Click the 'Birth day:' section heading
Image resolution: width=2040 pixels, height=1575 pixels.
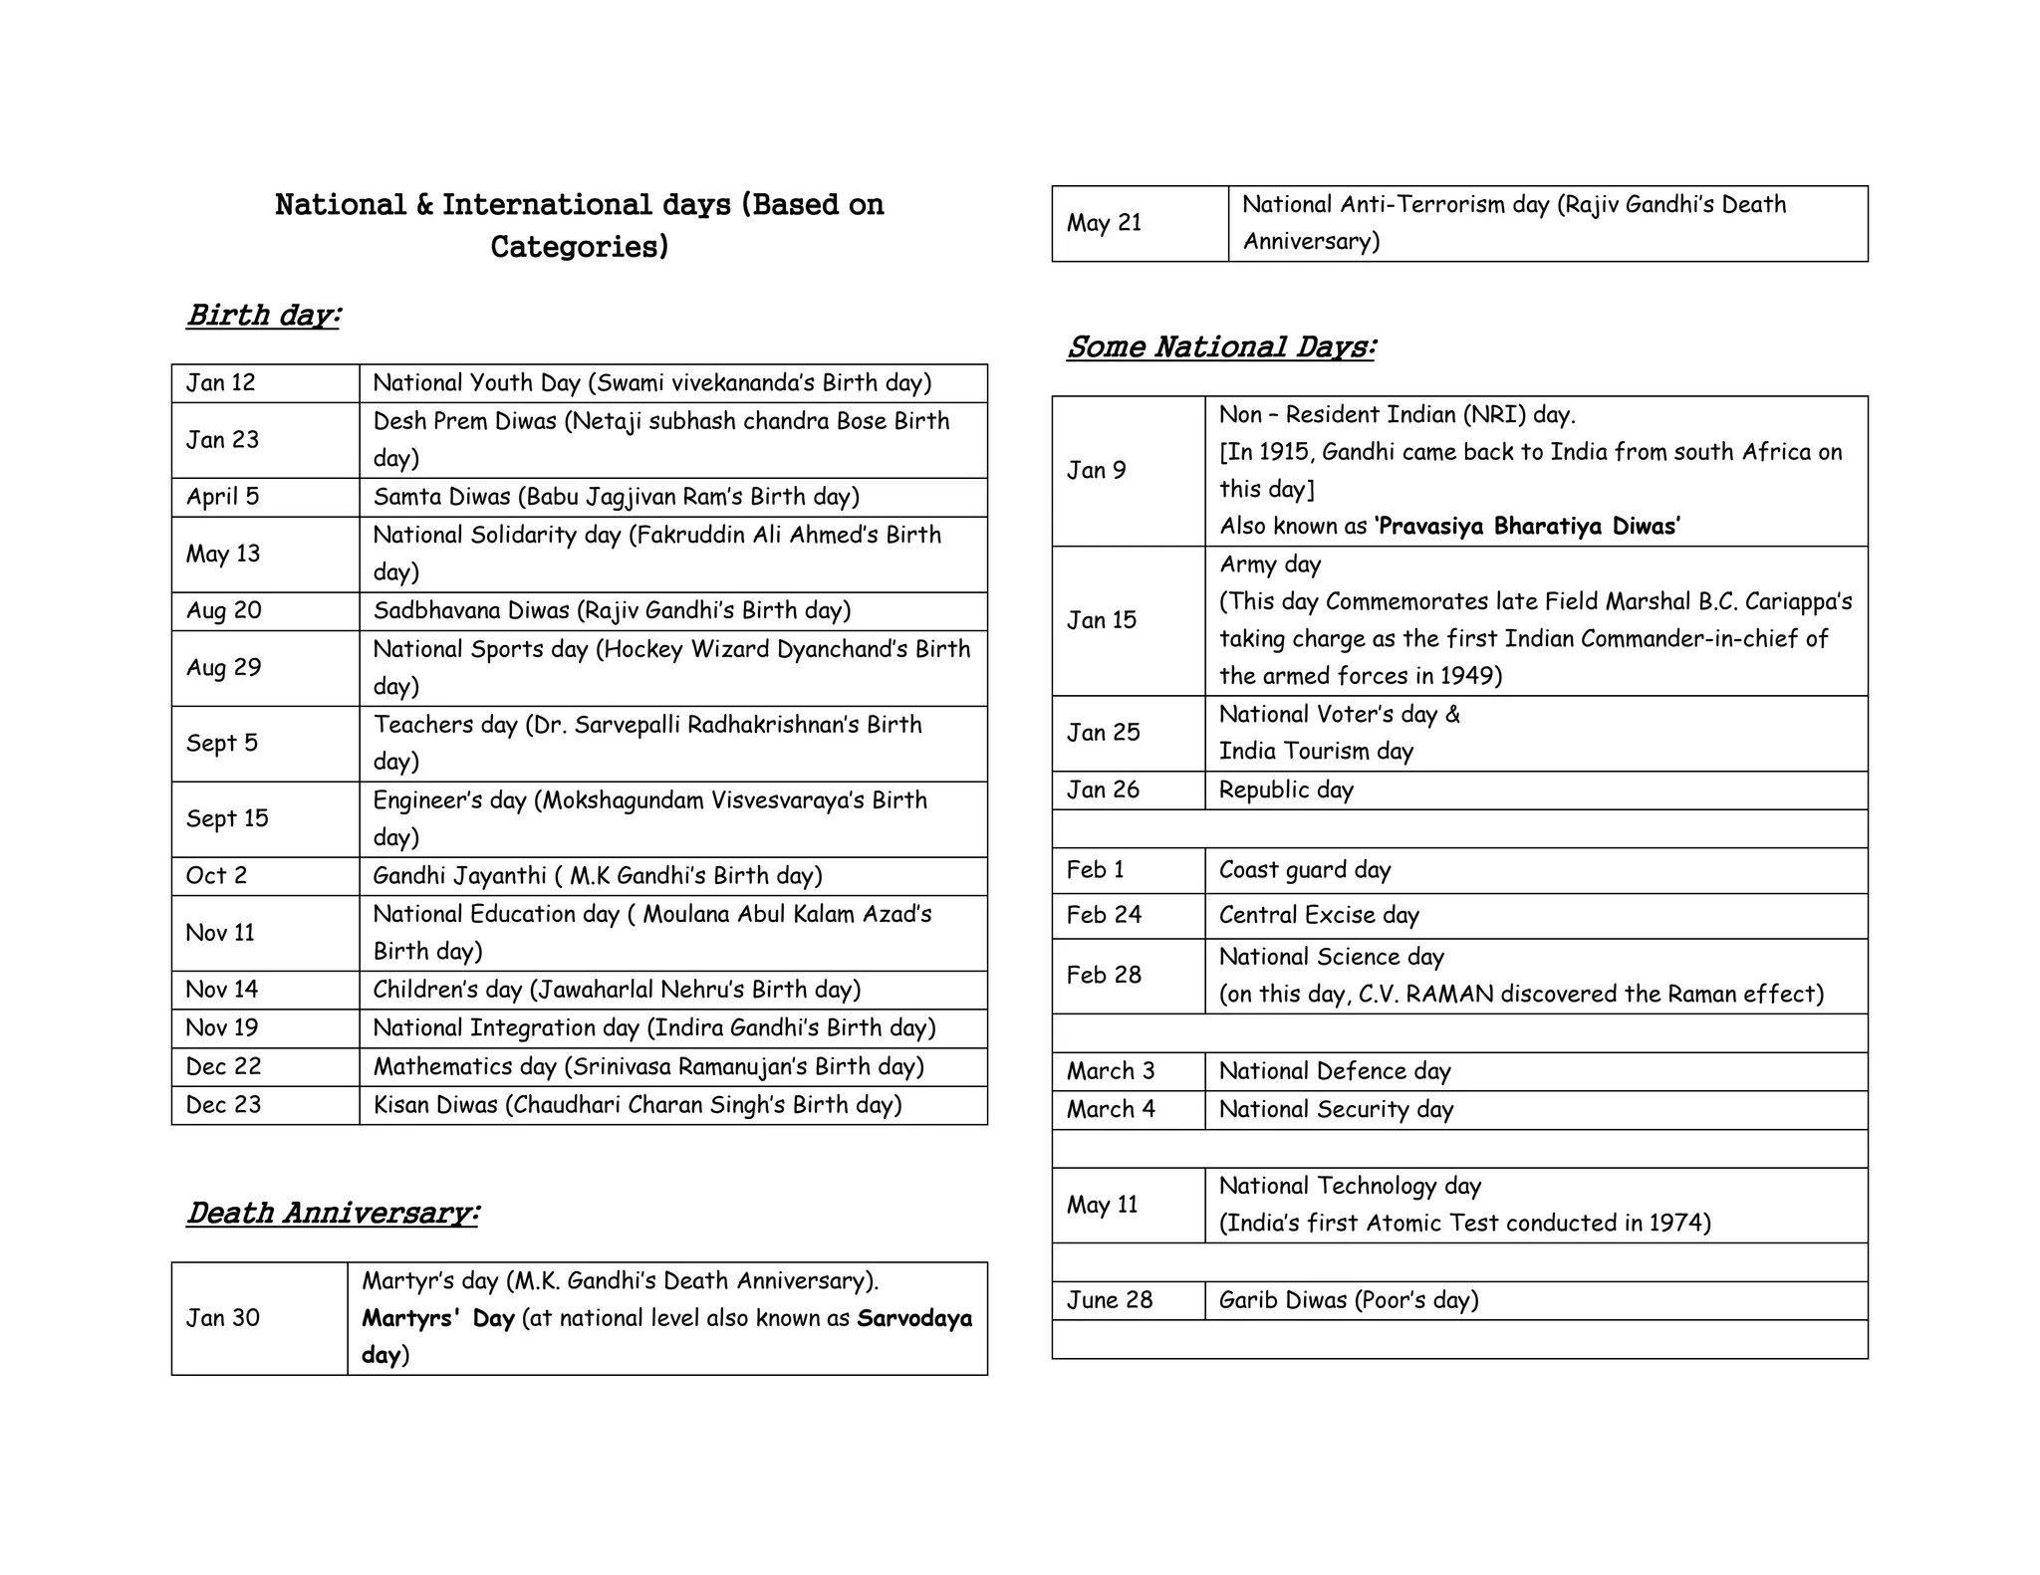point(264,315)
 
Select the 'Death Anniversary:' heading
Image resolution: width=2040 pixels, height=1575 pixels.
point(333,1213)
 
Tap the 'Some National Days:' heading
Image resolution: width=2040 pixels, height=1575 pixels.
point(1220,346)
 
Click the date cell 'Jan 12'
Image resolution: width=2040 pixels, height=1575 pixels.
point(221,383)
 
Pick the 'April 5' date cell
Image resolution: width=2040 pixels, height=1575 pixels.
point(222,497)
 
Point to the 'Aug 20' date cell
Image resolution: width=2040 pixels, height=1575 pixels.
point(224,610)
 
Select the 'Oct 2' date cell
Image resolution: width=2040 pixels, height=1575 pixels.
point(216,876)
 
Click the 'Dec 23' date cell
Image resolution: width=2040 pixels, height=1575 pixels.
point(223,1105)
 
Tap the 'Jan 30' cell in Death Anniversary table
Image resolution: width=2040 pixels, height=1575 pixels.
point(223,1318)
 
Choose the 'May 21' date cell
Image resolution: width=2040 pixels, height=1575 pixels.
point(1104,223)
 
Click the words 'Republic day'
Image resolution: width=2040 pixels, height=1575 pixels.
point(1286,790)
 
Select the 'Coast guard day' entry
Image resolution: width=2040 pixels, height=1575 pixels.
point(1305,870)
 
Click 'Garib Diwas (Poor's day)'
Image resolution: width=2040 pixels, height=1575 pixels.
point(1349,1300)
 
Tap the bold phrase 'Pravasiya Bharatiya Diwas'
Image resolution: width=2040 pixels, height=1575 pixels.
point(1529,527)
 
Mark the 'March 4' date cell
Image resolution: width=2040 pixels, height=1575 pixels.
point(1111,1110)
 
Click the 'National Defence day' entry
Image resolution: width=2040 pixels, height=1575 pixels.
point(1335,1071)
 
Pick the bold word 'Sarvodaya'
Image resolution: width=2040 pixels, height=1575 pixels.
point(914,1318)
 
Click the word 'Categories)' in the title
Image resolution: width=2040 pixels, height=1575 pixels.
point(579,246)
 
